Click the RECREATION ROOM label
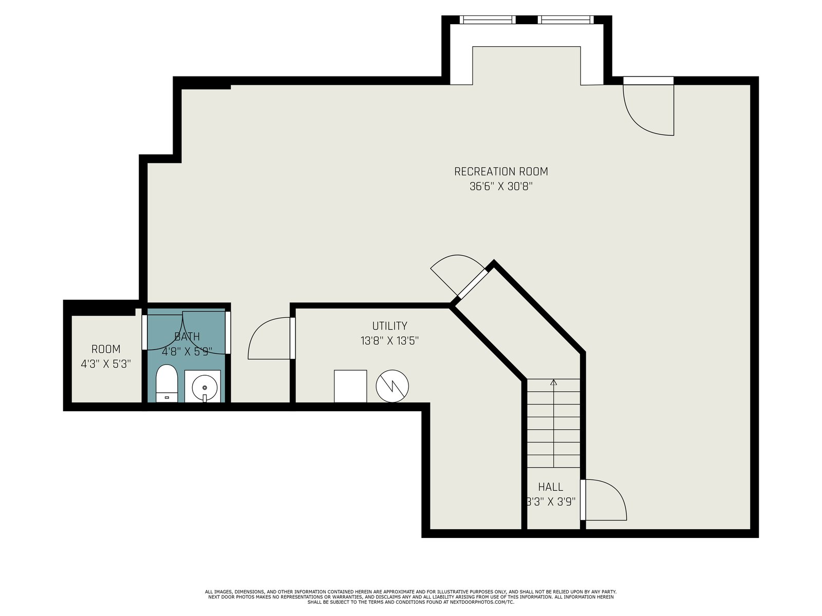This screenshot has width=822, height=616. point(501,171)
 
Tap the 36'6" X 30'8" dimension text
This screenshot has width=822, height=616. point(501,186)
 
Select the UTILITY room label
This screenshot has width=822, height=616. point(389,326)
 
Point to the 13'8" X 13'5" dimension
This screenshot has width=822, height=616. point(389,341)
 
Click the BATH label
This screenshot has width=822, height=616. point(187,337)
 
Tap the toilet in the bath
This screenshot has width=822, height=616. point(166,383)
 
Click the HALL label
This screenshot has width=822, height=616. point(551,487)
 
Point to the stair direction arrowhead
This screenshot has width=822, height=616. point(553,382)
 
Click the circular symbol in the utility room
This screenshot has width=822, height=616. point(392,386)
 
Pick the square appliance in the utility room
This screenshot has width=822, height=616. point(350,386)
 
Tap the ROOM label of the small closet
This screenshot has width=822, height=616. point(106,350)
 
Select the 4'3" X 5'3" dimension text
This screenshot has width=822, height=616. point(106,364)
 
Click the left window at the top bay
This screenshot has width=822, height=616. point(488,20)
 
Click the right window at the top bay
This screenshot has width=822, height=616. point(566,20)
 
